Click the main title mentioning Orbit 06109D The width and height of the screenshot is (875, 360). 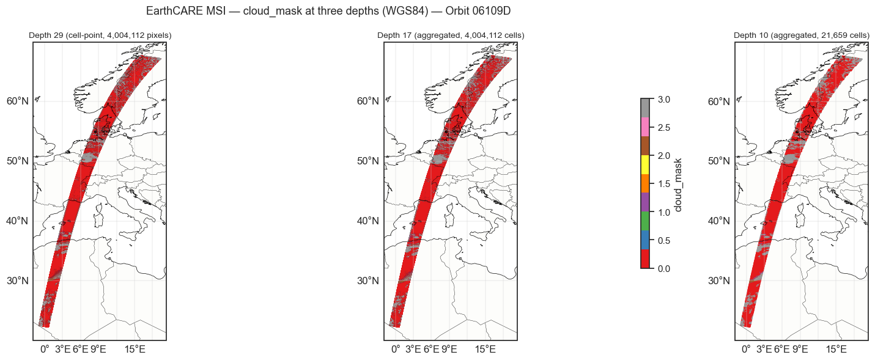pos(333,11)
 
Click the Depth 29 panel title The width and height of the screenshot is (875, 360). pos(100,35)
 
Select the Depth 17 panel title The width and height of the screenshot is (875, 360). pos(451,35)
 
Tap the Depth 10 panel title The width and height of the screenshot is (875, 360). pos(801,35)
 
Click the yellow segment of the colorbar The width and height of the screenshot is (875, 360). pos(645,164)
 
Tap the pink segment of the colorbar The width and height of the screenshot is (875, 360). pos(645,127)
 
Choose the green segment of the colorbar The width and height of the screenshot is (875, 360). pos(645,221)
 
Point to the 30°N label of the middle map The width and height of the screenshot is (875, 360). pos(368,281)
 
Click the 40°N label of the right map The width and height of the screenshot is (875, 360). pos(718,221)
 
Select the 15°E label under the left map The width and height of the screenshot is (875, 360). pos(135,350)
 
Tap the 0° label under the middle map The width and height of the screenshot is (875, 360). pos(395,350)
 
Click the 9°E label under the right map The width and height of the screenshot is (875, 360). pos(800,350)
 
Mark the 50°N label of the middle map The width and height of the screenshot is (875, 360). pos(368,161)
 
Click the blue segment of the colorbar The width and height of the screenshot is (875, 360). pos(645,240)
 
